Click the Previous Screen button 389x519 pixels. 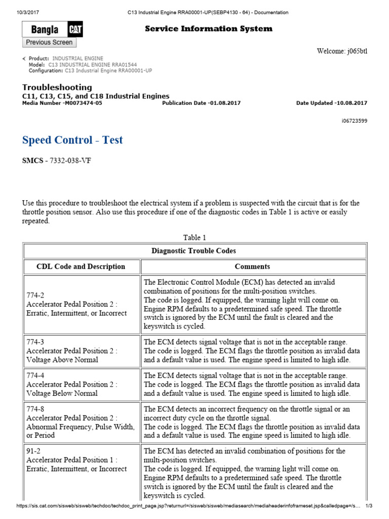point(49,43)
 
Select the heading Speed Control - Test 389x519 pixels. point(72,140)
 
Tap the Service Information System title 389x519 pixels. point(208,29)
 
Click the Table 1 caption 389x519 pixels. point(194,237)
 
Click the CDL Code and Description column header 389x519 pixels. point(81,267)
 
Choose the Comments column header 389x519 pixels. point(252,267)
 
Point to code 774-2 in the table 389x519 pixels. point(35,295)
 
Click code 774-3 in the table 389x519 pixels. point(35,342)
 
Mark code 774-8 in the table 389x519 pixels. point(35,409)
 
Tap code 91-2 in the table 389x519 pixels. point(33,451)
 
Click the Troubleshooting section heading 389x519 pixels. point(57,87)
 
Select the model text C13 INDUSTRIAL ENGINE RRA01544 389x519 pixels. point(92,65)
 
